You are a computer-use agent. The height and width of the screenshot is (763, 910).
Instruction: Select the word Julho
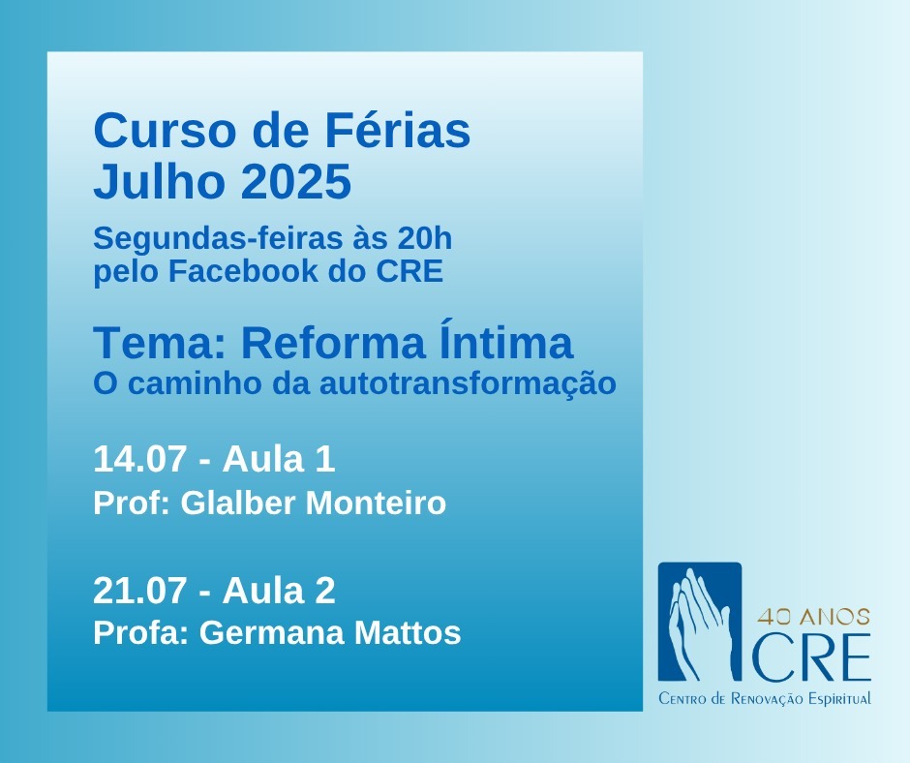click(159, 181)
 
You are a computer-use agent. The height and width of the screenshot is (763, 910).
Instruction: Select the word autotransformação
click(468, 383)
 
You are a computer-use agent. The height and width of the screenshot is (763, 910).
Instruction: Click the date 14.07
click(139, 459)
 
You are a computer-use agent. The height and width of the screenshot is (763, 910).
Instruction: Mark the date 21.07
click(139, 591)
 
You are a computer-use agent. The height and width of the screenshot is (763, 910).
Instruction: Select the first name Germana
click(272, 633)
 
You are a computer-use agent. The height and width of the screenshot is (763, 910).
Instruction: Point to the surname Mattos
click(408, 633)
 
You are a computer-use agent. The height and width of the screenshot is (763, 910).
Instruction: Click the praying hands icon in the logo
click(699, 622)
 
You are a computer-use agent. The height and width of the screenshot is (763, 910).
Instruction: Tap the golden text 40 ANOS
click(813, 617)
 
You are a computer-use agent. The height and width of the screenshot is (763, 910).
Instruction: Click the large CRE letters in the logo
click(810, 657)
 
